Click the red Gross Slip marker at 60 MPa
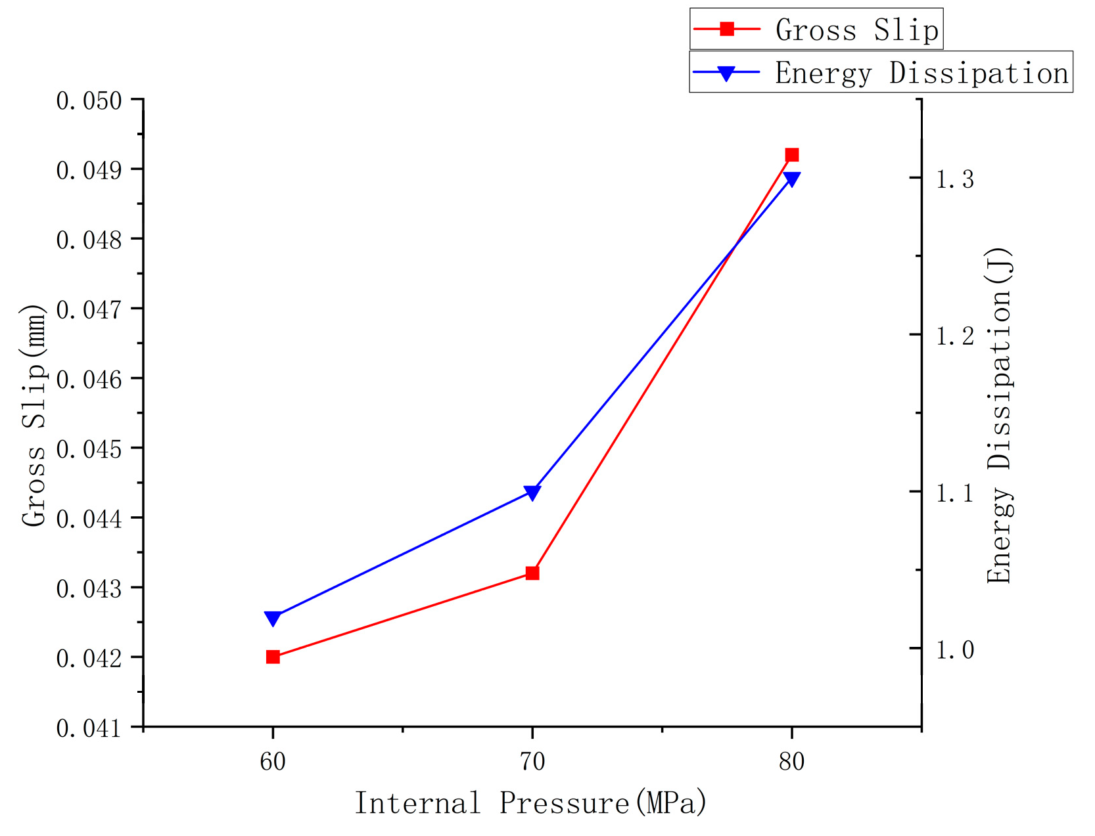(273, 657)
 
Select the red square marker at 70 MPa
(532, 573)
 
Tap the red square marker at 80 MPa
(792, 155)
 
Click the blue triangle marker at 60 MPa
(273, 618)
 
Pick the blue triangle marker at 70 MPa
(532, 493)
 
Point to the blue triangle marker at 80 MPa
(792, 179)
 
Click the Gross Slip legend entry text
(856, 30)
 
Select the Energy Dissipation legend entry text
(921, 73)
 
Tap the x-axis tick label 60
(273, 762)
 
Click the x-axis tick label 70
(532, 762)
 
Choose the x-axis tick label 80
(792, 762)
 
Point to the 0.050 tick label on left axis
(89, 100)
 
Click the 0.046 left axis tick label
(89, 380)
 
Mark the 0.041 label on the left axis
(89, 728)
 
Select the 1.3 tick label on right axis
(955, 179)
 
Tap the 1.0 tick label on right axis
(955, 650)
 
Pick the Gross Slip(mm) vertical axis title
(34, 415)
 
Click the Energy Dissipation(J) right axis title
(999, 415)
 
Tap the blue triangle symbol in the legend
(726, 73)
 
